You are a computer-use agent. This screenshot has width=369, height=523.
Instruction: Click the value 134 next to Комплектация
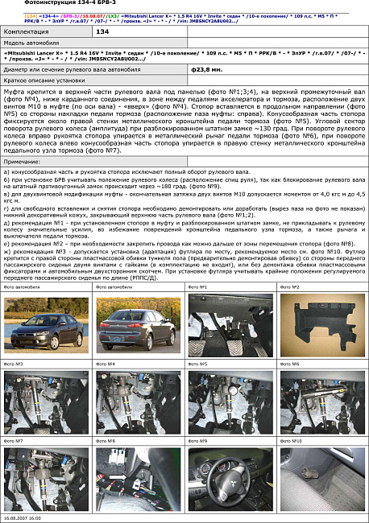[x=102, y=31]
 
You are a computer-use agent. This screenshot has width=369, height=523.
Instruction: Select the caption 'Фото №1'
[x=197, y=286]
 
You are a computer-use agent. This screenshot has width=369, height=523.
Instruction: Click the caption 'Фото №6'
[x=288, y=364]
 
